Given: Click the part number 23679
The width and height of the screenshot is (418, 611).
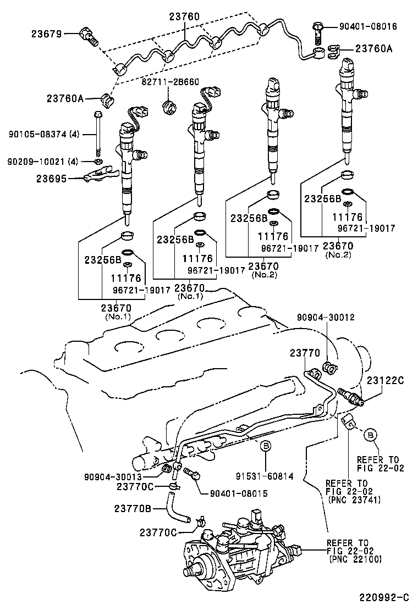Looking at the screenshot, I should point(46,34).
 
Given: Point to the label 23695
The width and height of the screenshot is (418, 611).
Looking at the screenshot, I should point(51,178).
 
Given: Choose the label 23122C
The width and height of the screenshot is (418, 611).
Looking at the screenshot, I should point(385,380).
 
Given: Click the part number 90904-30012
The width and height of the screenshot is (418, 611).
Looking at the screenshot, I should point(326,317).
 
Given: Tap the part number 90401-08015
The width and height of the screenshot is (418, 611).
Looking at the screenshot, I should point(239,493).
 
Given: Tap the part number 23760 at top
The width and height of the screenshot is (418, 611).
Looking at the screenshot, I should point(184,17).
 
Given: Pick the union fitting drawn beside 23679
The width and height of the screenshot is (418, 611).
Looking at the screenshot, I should point(89,35).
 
